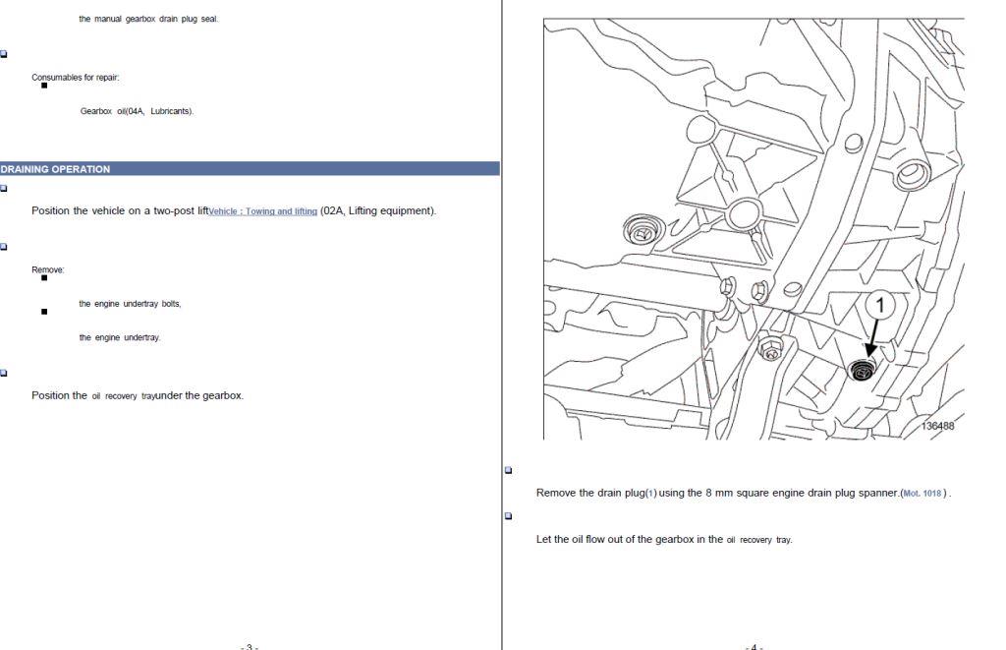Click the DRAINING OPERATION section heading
tap(55, 169)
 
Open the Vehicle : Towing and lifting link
tap(263, 211)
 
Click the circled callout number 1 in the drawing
tap(880, 306)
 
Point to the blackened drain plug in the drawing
tap(861, 371)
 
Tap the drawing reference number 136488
tap(937, 426)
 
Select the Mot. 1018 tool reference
tap(922, 494)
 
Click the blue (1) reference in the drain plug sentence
tap(651, 494)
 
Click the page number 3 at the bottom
tap(250, 647)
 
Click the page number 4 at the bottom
tap(754, 647)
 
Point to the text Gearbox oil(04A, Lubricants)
tap(137, 111)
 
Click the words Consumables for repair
tap(75, 78)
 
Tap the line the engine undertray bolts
tap(131, 304)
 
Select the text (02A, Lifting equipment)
tap(378, 210)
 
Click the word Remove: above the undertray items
tap(48, 269)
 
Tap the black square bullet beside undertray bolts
tap(44, 278)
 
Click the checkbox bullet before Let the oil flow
tap(509, 515)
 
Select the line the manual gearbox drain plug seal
tap(148, 20)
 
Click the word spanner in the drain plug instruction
tap(879, 494)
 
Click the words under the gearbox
tap(199, 395)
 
